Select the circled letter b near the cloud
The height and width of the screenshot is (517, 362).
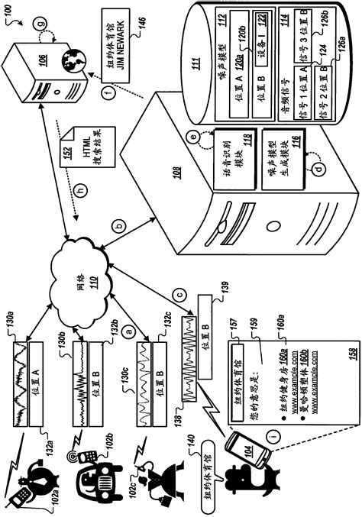pyautogui.click(x=120, y=227)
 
